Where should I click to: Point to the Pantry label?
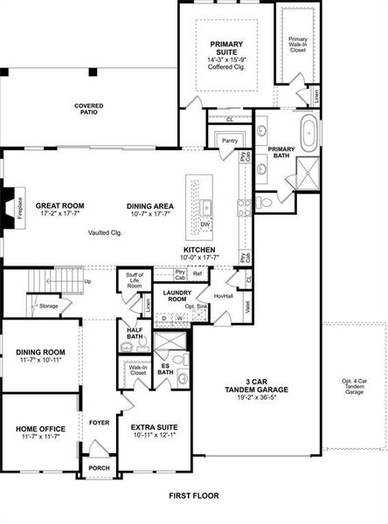coord(230,140)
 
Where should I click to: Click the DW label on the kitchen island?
coord(206,224)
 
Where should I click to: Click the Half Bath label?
coord(135,334)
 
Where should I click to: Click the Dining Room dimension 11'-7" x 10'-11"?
coord(40,361)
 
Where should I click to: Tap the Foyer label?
coord(99,422)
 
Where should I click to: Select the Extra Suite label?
coord(154,428)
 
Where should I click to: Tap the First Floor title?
coord(194,495)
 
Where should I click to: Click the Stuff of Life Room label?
coord(135,280)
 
